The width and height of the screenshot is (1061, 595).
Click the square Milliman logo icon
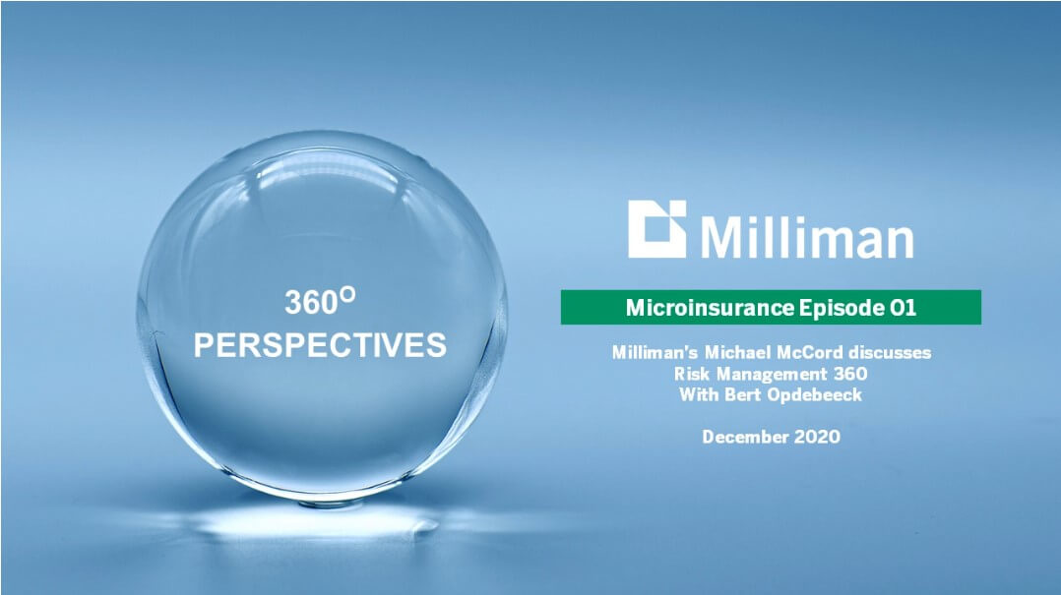pos(657,228)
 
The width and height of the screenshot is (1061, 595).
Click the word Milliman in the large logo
pos(807,237)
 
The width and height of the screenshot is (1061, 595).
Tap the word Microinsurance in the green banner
pos(710,308)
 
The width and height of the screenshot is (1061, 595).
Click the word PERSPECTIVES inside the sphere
pos(320,345)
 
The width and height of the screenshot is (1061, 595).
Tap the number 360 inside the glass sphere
pos(311,302)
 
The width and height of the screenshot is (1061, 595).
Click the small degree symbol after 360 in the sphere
pos(347,294)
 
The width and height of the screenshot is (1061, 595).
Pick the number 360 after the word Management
pos(850,374)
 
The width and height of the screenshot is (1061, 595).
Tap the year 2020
pos(817,437)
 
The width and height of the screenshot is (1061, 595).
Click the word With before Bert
pos(700,394)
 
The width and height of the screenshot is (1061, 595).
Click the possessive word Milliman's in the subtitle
pos(655,352)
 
